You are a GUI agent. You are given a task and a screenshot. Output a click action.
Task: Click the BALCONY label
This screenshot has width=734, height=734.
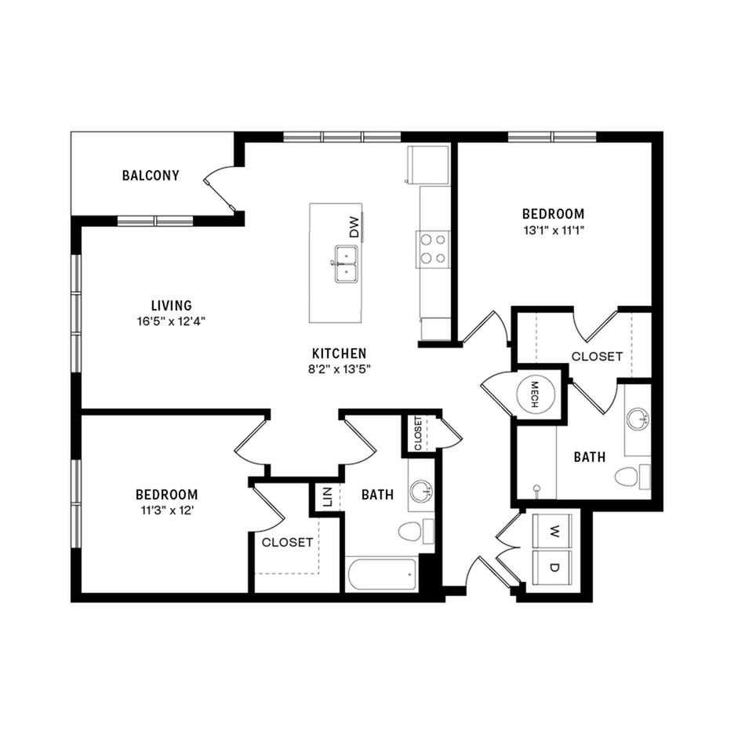(x=151, y=176)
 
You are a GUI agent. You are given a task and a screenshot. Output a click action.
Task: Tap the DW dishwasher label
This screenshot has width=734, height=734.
(x=354, y=227)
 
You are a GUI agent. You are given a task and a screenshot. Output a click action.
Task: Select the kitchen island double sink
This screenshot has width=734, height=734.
(x=346, y=263)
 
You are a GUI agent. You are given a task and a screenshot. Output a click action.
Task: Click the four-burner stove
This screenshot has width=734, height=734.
(x=433, y=249)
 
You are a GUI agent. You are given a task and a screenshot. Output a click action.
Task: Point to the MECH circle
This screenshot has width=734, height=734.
(x=535, y=394)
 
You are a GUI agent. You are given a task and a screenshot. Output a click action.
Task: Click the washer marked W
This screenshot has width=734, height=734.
(x=553, y=531)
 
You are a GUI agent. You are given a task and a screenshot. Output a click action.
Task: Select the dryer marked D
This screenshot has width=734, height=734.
(x=553, y=567)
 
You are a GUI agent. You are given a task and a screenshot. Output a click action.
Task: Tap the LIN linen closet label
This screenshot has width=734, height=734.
(x=327, y=497)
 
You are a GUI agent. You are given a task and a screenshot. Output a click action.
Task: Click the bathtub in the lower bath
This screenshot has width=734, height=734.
(x=382, y=574)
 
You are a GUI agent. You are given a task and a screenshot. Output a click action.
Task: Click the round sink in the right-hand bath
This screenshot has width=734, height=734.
(x=638, y=417)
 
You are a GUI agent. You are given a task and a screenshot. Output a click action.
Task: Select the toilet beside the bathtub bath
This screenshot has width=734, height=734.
(x=416, y=532)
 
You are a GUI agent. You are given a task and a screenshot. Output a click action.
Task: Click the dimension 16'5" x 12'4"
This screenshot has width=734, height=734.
(x=171, y=322)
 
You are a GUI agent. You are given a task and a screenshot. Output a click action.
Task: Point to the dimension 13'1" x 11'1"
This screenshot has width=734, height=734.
(x=554, y=231)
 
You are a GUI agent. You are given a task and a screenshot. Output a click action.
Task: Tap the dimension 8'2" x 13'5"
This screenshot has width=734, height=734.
(x=340, y=369)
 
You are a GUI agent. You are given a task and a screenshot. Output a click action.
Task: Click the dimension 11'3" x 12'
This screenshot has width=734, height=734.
(x=167, y=511)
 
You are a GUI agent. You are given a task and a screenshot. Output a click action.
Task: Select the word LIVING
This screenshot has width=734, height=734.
(x=171, y=306)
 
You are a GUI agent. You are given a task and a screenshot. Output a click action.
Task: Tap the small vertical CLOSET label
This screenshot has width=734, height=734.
(x=418, y=433)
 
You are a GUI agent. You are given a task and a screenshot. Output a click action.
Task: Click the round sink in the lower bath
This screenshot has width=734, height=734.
(x=421, y=492)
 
